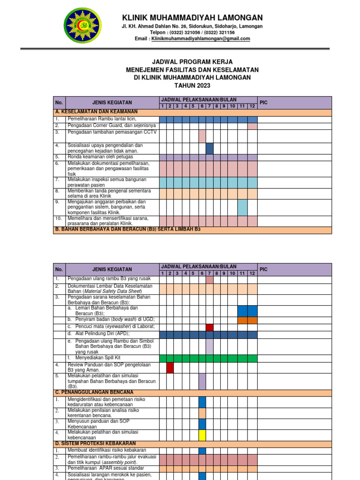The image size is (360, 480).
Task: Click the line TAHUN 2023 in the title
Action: tap(192, 85)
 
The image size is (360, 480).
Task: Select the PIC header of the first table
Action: tap(263, 102)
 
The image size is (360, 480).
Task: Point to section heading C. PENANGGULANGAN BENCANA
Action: tap(95, 392)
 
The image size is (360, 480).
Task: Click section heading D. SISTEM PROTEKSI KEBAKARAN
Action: tap(96, 443)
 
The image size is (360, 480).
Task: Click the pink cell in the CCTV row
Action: tap(202, 136)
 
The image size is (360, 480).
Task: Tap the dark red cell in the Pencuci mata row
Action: tap(210, 327)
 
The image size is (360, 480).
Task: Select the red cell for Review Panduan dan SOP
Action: tap(170, 367)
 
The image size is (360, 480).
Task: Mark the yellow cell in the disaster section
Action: tap(202, 435)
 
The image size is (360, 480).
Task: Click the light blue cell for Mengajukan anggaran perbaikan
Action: tap(242, 208)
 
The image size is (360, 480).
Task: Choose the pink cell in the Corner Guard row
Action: tap(252, 126)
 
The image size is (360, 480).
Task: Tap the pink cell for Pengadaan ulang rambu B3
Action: tap(210, 279)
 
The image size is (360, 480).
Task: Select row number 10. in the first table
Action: tap(59, 218)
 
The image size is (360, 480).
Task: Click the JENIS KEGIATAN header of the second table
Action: tap(112, 269)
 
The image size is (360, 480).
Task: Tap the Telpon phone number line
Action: tap(192, 32)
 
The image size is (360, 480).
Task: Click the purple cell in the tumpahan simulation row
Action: tap(202, 382)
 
